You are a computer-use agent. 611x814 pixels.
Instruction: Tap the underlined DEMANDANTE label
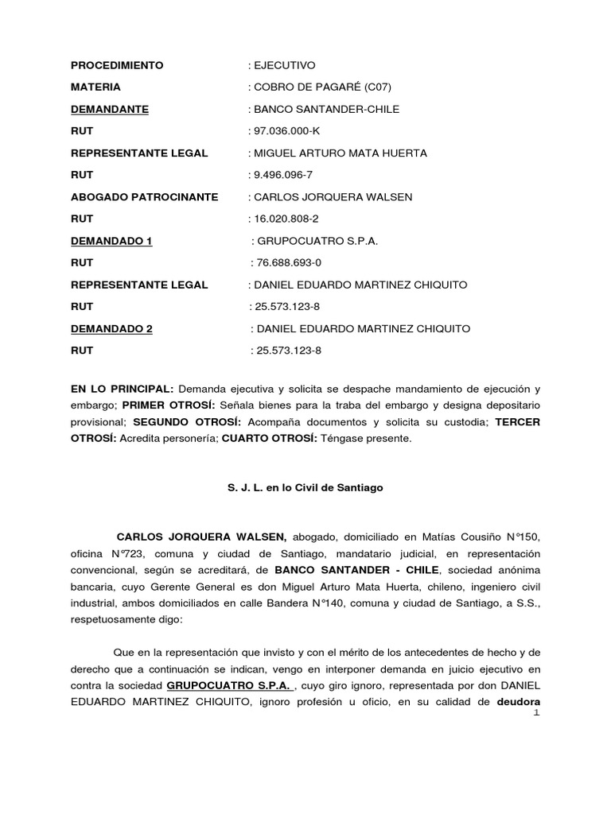[x=110, y=110]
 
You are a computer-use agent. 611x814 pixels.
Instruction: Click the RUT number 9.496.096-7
[x=286, y=175]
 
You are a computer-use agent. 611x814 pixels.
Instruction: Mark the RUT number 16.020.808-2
[x=289, y=219]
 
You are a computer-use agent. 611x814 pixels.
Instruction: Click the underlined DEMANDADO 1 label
[x=111, y=241]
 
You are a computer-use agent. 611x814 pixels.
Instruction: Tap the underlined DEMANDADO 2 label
[x=111, y=328]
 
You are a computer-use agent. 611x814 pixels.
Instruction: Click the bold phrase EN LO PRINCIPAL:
[x=122, y=390]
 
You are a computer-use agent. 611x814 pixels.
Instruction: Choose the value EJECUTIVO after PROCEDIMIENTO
[x=285, y=65]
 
